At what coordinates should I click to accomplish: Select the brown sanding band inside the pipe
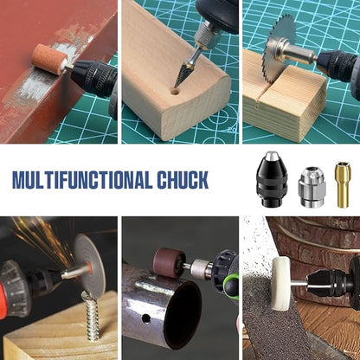pyautogui.click(x=170, y=262)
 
